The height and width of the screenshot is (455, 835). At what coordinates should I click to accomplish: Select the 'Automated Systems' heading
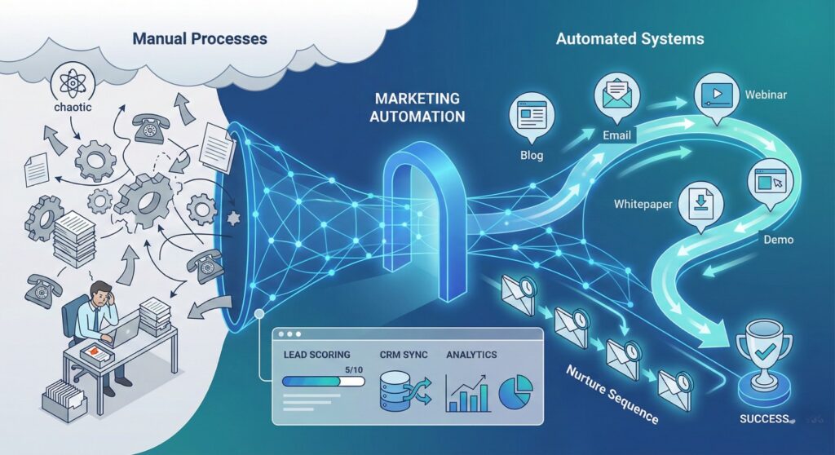click(x=630, y=38)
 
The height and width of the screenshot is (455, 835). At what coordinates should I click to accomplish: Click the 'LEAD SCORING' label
click(x=316, y=356)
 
